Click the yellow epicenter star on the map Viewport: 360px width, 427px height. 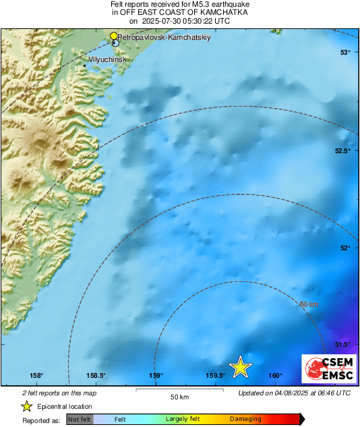240,367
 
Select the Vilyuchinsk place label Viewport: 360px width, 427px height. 107,59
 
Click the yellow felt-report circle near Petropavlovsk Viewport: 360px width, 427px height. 114,36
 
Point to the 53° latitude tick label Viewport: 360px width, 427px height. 344,53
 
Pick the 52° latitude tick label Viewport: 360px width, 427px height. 344,248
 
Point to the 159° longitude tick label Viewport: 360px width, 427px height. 156,376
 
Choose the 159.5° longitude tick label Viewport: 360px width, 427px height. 215,376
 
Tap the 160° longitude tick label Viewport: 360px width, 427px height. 275,376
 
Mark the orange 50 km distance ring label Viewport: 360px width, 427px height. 309,305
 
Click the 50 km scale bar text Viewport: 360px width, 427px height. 179,396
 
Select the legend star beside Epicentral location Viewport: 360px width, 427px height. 26,406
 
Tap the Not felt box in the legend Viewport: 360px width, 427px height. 80,420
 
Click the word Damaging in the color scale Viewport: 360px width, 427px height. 245,420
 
